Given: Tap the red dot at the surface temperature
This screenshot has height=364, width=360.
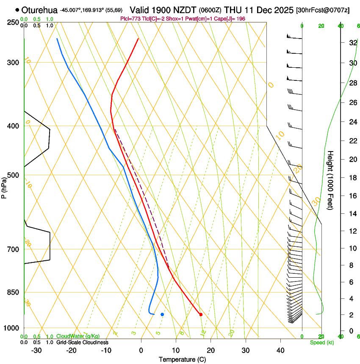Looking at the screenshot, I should (201, 314).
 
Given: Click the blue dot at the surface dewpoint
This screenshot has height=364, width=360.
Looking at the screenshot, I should (162, 314).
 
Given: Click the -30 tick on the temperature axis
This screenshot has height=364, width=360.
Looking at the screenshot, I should (36, 350).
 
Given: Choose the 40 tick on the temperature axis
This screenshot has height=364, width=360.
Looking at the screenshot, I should (280, 350).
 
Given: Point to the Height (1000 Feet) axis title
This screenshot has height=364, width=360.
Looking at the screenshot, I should (331, 180).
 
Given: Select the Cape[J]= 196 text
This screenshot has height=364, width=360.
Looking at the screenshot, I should (231, 19).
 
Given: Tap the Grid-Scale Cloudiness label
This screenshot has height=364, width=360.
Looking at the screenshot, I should (82, 342).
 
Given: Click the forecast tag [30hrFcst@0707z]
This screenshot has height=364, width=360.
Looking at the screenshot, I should (323, 10).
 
